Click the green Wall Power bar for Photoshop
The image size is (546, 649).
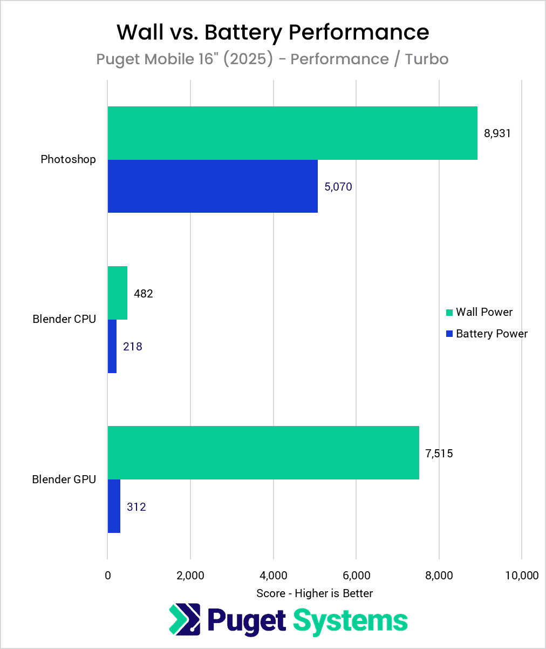(x=292, y=133)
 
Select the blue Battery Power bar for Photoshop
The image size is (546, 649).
(x=213, y=186)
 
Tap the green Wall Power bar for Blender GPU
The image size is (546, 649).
(x=263, y=452)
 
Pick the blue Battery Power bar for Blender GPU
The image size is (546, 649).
(x=114, y=506)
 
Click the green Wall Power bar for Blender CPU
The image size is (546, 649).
(x=118, y=293)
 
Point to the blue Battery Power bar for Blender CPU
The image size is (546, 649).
(x=112, y=346)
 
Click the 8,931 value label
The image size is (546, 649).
(x=497, y=133)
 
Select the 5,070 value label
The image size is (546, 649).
(x=338, y=187)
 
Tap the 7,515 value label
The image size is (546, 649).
(x=439, y=453)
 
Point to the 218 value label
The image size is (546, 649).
(x=133, y=347)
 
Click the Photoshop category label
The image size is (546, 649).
(x=69, y=159)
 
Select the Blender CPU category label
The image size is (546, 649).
(x=64, y=319)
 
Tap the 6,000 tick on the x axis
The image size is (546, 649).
(x=356, y=576)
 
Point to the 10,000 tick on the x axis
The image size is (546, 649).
(x=522, y=576)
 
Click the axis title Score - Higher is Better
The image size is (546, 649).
(x=315, y=593)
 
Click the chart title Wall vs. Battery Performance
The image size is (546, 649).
(x=273, y=32)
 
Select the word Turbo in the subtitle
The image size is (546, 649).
(x=427, y=59)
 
